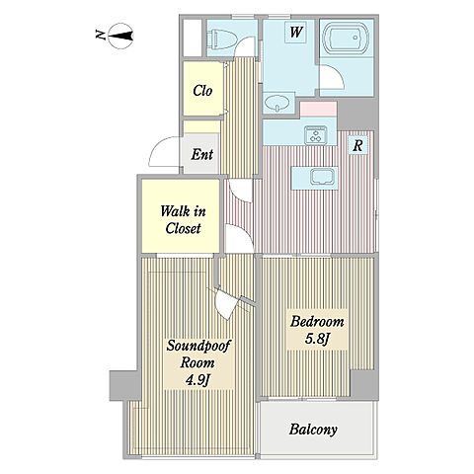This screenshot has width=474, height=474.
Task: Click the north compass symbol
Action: pyautogui.click(x=120, y=36)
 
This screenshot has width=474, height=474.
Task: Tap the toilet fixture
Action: pyautogui.click(x=222, y=39)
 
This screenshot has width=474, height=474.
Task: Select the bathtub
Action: pyautogui.click(x=345, y=38)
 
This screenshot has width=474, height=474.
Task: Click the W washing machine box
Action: pyautogui.click(x=296, y=32)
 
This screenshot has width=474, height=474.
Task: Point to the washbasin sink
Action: pyautogui.click(x=276, y=103)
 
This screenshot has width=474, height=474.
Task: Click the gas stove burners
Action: pyautogui.click(x=317, y=135)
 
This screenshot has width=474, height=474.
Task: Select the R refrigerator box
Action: pyautogui.click(x=357, y=145)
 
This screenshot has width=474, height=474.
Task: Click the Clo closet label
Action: pyautogui.click(x=202, y=91)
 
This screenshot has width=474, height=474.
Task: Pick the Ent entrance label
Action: pyautogui.click(x=202, y=154)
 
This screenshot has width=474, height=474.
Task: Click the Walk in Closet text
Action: pyautogui.click(x=183, y=219)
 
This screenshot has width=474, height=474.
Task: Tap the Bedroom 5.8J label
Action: pyautogui.click(x=317, y=330)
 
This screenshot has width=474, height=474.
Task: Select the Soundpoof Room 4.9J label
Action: pyautogui.click(x=198, y=362)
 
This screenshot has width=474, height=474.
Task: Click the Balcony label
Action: pyautogui.click(x=313, y=430)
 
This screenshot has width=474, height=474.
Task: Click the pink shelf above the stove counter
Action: pyautogui.click(x=318, y=110)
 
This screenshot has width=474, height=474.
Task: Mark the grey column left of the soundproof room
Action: pyautogui.click(x=124, y=385)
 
